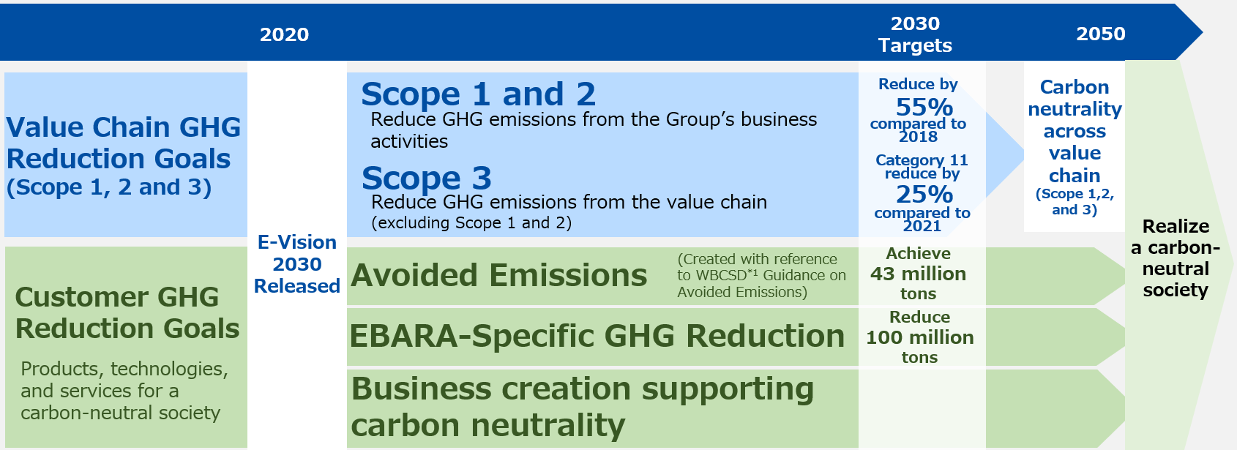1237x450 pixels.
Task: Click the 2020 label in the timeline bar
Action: (x=285, y=35)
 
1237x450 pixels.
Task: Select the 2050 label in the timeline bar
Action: (x=1101, y=34)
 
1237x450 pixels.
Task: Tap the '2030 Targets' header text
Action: (x=915, y=34)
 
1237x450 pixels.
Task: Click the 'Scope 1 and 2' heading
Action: (x=478, y=94)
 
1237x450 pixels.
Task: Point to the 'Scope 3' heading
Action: (x=426, y=178)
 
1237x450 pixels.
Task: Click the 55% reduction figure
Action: (x=924, y=107)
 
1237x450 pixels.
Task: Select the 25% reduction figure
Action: (x=924, y=195)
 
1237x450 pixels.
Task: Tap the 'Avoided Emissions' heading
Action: (x=498, y=275)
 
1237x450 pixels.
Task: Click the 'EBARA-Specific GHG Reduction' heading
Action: (x=597, y=336)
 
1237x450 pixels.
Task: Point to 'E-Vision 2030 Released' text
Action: (x=297, y=264)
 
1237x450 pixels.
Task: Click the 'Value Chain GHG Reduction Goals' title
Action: (x=123, y=143)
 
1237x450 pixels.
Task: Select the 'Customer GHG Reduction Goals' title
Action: (x=127, y=312)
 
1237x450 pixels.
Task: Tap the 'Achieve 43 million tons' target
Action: (x=919, y=274)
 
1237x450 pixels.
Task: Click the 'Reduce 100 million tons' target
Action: (x=920, y=337)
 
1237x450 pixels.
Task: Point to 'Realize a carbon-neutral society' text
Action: (x=1176, y=258)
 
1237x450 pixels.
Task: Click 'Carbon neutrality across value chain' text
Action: (x=1075, y=131)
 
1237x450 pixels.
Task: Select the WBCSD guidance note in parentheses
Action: (x=761, y=276)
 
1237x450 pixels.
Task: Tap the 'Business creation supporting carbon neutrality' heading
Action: (x=583, y=407)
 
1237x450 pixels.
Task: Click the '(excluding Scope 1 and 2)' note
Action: (x=471, y=223)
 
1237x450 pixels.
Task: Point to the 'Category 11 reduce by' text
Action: (x=922, y=167)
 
